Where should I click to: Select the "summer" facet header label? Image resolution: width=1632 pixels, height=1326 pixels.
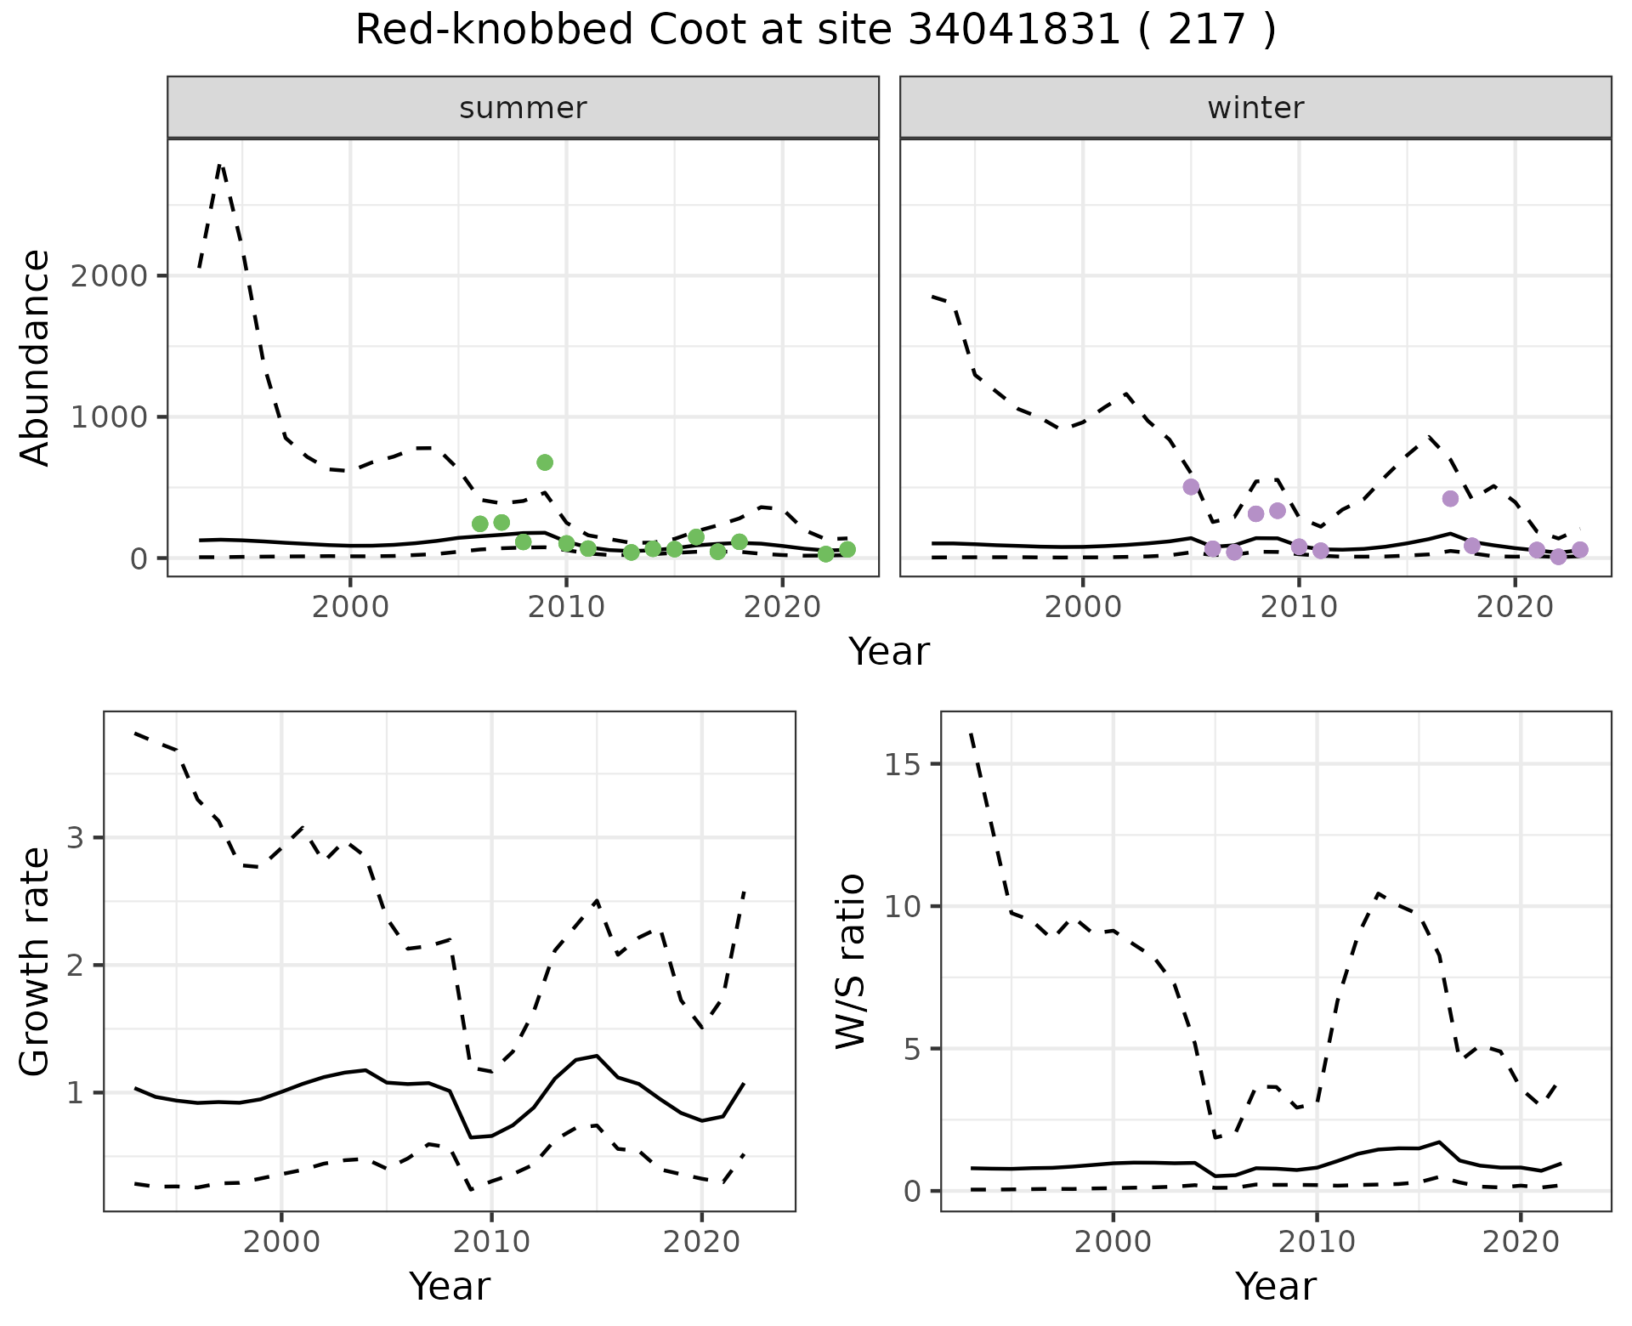click(x=523, y=108)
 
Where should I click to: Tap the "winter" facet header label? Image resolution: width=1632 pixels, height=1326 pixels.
click(x=1255, y=108)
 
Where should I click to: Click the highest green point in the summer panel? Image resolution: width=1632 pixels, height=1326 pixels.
click(x=545, y=462)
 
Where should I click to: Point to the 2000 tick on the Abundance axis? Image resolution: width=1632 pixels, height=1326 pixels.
click(x=121, y=276)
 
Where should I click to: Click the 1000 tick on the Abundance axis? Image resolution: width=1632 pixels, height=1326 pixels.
click(x=121, y=417)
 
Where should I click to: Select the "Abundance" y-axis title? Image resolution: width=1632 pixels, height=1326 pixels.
click(x=36, y=357)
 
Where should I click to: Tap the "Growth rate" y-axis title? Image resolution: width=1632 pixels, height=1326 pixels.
click(x=36, y=961)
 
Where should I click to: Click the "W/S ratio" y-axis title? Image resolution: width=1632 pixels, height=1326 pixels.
click(x=850, y=961)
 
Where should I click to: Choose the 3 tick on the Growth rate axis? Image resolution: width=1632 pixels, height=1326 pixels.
click(x=76, y=838)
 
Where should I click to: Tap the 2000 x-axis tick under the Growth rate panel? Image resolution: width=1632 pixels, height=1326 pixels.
click(x=281, y=1242)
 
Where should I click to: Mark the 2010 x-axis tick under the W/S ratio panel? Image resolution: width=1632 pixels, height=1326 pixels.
click(x=1317, y=1242)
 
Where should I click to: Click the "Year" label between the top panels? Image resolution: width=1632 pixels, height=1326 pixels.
click(x=889, y=652)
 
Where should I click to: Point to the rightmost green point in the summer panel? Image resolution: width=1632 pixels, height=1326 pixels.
click(x=847, y=550)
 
